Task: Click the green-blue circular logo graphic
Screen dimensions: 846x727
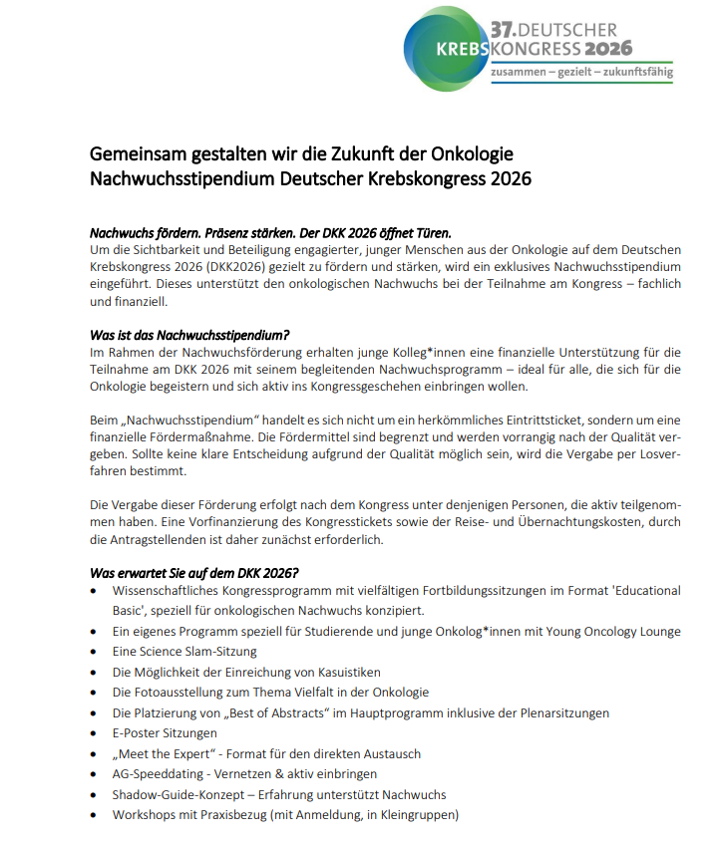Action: (445, 48)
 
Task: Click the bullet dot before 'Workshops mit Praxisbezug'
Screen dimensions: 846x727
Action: (94, 815)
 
